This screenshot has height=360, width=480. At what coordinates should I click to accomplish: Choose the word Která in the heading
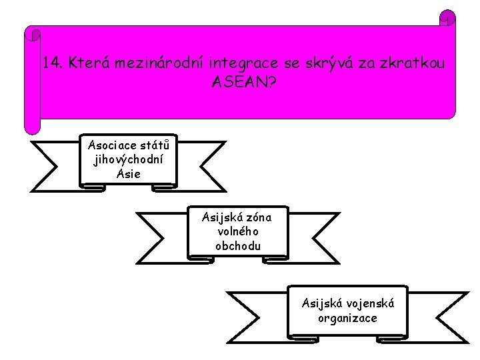click(89, 64)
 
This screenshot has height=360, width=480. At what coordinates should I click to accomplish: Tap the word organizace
click(348, 318)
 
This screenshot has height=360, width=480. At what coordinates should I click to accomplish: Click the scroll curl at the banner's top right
click(448, 17)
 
